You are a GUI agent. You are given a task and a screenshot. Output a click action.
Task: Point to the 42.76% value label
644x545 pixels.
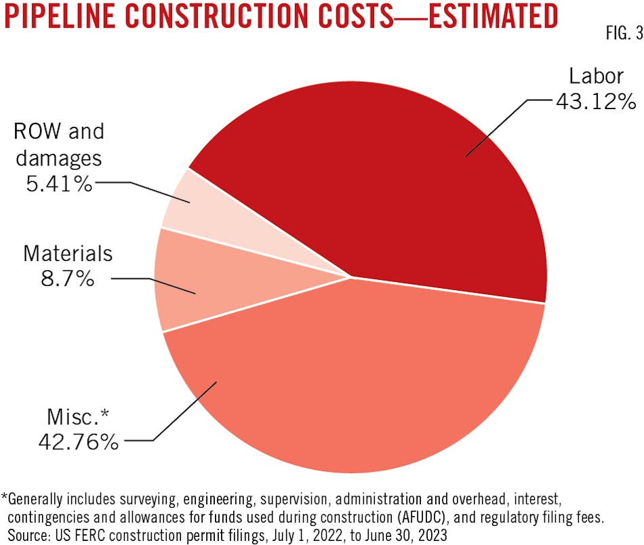79,442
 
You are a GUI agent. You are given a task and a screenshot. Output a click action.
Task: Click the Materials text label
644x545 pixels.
68,254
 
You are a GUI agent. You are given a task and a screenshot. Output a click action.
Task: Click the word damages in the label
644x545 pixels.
59,157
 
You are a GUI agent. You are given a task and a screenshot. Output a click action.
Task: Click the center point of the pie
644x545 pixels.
350,277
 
